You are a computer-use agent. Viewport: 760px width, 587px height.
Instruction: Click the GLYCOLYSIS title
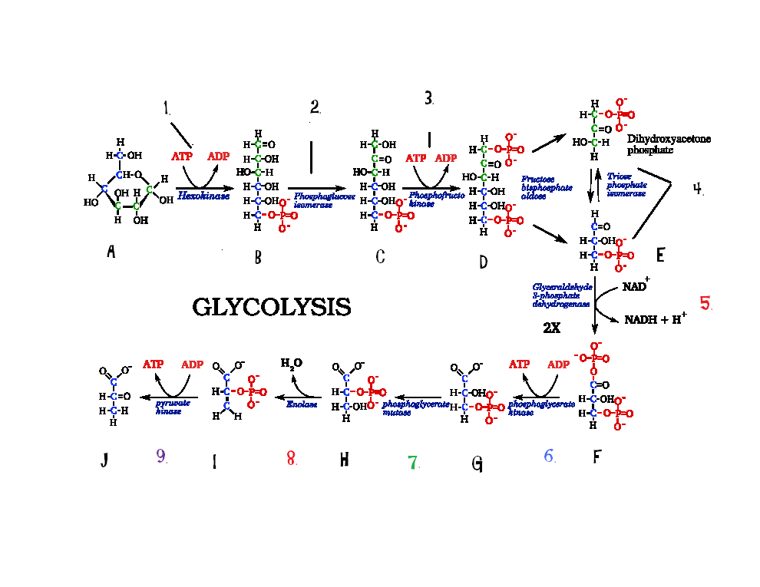coord(271,307)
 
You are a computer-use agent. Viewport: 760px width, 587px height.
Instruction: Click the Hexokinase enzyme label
coord(200,196)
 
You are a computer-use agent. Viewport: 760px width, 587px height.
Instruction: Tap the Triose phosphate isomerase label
coord(626,184)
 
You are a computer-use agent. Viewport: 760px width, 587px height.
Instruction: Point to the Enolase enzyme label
coord(302,404)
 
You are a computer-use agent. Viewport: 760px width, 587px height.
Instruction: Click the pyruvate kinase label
coord(169,407)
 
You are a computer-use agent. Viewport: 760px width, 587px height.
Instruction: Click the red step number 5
coord(705,302)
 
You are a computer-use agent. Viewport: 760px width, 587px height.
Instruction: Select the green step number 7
coord(413,462)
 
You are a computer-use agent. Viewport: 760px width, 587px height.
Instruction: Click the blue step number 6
coord(549,456)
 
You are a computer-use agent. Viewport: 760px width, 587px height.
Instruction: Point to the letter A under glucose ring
coord(111,251)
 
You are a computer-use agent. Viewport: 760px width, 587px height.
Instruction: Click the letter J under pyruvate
coord(104,460)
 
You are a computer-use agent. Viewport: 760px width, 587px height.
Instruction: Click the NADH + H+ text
coord(655,319)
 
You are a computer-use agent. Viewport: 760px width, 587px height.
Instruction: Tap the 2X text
coord(553,327)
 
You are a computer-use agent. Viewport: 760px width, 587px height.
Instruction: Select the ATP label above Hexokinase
coord(182,157)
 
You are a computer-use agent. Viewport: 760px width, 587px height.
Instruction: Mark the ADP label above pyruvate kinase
coord(192,364)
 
